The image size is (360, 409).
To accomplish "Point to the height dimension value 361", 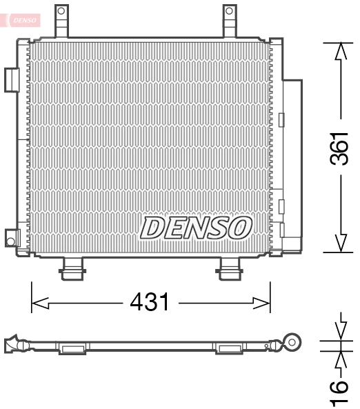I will pyautogui.click(x=339, y=148).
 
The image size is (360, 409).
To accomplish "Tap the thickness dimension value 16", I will pyautogui.click(x=339, y=392).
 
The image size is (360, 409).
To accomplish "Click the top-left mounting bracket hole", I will pyautogui.click(x=61, y=12).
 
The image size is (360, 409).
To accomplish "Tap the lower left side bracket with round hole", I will pyautogui.click(x=11, y=239).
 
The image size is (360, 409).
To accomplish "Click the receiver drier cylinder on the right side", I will pyautogui.click(x=292, y=166).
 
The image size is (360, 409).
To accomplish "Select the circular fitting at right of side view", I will pyautogui.click(x=293, y=341).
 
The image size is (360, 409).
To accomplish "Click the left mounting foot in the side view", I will pyautogui.click(x=71, y=348).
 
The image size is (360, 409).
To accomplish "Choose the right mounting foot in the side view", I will pyautogui.click(x=228, y=348).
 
